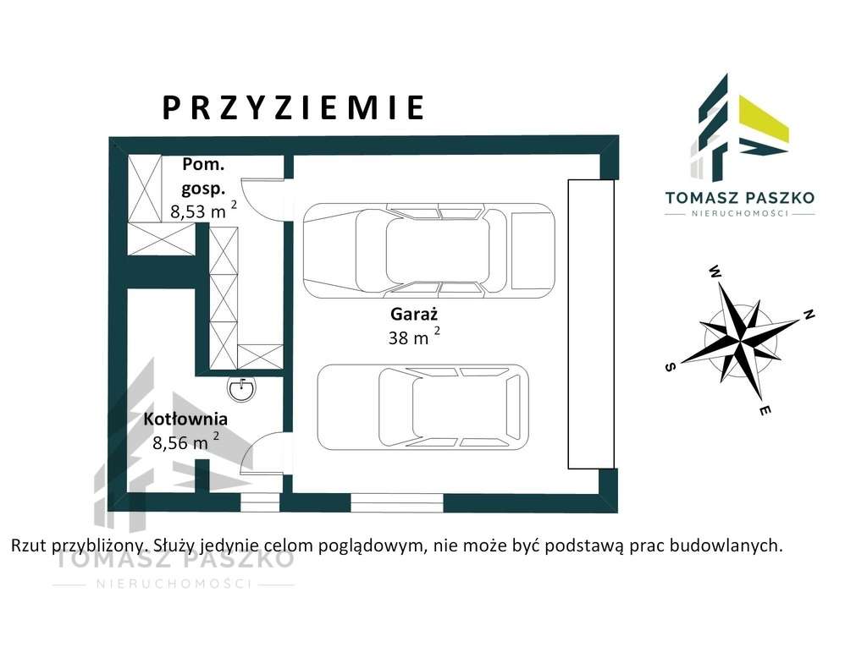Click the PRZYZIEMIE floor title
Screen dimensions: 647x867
(x=293, y=108)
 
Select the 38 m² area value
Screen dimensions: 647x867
(x=413, y=337)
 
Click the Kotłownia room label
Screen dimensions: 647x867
(x=185, y=419)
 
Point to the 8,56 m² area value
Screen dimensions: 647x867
(x=185, y=441)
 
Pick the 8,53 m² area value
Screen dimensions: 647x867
(x=203, y=211)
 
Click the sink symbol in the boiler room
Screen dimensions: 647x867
(x=242, y=387)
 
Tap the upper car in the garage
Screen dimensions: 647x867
(x=428, y=250)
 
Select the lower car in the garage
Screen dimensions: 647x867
(x=422, y=407)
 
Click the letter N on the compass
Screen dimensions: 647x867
(x=809, y=315)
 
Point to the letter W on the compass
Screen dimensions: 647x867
(x=715, y=272)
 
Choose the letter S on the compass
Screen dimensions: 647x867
(x=671, y=367)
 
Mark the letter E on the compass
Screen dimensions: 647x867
(x=765, y=411)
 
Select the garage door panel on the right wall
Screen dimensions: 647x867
(x=591, y=324)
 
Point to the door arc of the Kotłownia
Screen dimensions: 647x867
(x=261, y=452)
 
